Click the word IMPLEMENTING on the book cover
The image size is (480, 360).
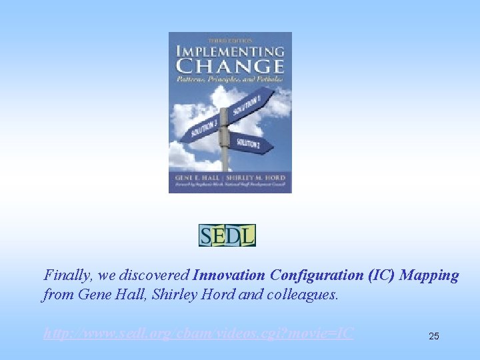tap(230, 51)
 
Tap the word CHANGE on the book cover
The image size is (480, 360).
tap(230, 66)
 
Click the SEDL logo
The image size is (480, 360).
tap(227, 235)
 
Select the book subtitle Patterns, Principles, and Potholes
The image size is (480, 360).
tap(230, 79)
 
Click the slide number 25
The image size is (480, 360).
tap(434, 336)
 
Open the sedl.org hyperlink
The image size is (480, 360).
tap(199, 333)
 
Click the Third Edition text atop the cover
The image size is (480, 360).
tap(230, 40)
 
